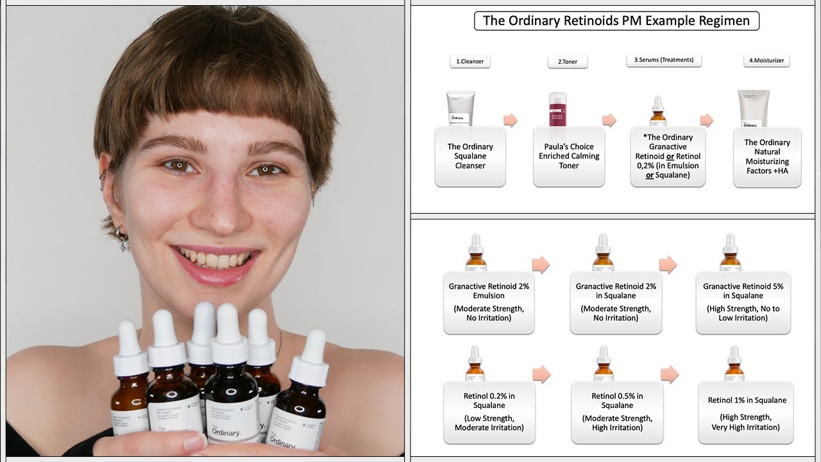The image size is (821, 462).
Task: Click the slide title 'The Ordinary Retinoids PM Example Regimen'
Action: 616,21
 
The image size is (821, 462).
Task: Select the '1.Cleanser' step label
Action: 470,62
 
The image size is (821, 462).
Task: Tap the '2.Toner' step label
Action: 567,62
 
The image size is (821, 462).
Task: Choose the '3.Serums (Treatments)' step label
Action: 664,60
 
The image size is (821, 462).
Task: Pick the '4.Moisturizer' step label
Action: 767,61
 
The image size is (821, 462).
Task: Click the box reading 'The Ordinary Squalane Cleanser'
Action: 470,156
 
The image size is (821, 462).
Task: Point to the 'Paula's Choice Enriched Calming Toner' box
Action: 568,156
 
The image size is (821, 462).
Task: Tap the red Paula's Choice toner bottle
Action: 558,108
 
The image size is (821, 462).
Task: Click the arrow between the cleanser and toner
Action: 511,120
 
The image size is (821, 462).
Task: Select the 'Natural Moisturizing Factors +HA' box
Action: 767,157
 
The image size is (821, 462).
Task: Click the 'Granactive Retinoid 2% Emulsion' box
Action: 489,302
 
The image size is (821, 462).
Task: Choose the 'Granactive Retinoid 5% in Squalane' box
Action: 743,302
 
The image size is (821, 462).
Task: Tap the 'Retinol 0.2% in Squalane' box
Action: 489,411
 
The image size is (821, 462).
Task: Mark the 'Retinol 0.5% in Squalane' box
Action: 616,411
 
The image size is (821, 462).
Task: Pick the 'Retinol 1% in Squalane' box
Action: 745,412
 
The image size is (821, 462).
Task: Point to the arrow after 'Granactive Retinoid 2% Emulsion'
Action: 541,264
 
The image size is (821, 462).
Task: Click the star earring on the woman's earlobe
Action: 121,244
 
